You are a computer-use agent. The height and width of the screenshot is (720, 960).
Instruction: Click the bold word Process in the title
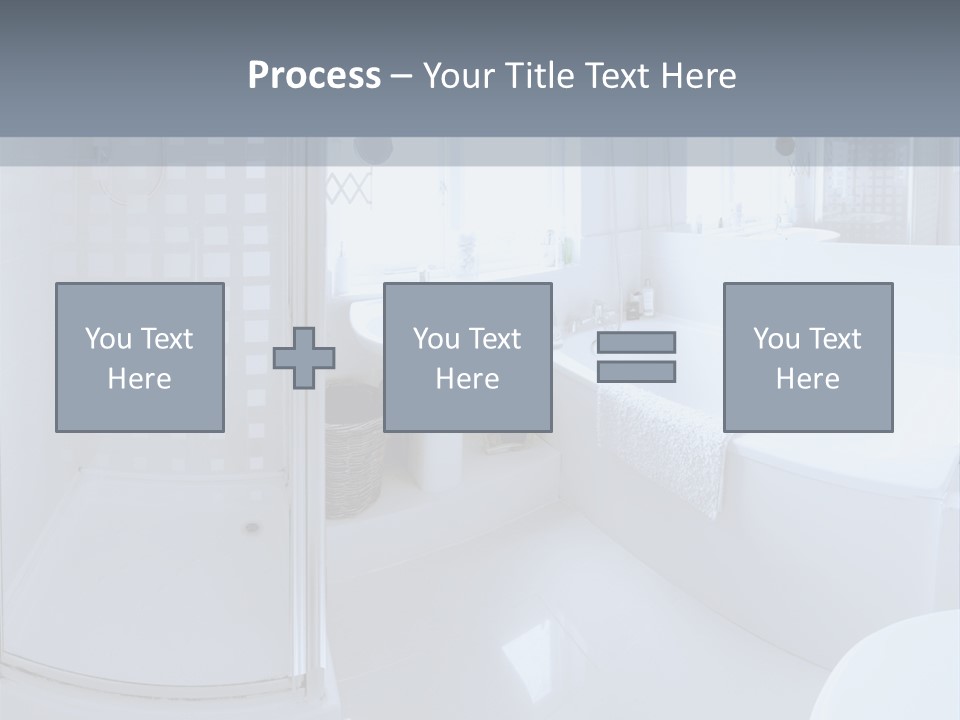tap(314, 76)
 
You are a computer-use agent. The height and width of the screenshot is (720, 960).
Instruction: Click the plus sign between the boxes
tap(304, 358)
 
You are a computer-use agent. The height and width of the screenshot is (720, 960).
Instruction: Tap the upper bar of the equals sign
tap(636, 342)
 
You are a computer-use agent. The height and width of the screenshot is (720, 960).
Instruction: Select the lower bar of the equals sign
tap(636, 372)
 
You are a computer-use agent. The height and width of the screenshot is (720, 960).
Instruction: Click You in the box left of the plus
tap(108, 339)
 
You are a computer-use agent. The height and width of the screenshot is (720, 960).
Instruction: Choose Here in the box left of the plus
tap(139, 379)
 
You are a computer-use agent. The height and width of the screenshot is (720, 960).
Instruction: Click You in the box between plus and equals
tap(436, 339)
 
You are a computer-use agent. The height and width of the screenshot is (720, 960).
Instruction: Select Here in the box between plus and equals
tap(467, 379)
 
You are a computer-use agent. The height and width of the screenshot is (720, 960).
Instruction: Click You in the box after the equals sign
tap(776, 339)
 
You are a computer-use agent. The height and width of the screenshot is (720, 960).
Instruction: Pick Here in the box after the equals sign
tap(807, 379)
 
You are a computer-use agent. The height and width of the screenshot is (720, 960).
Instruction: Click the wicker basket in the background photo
tap(353, 470)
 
